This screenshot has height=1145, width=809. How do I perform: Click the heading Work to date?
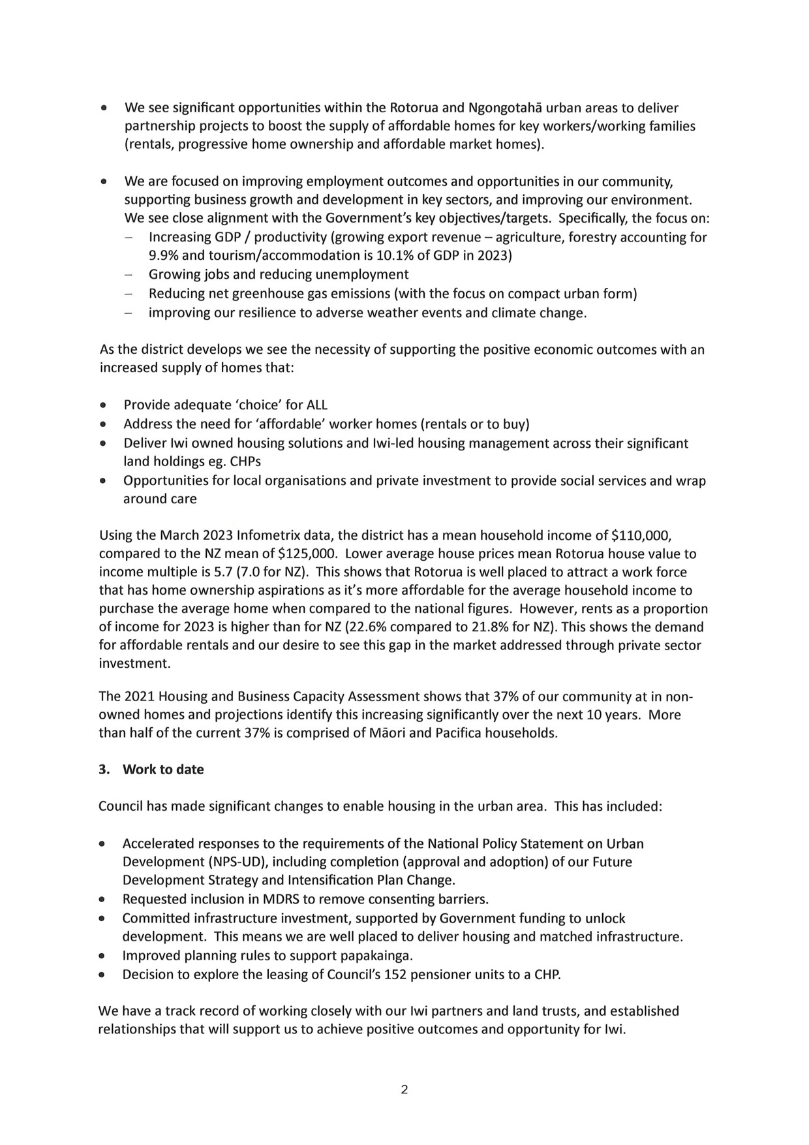[163, 770]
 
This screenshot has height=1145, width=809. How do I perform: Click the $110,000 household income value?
[641, 536]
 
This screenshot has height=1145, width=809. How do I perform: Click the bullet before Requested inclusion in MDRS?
[102, 900]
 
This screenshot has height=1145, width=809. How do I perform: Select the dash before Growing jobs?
[129, 274]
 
